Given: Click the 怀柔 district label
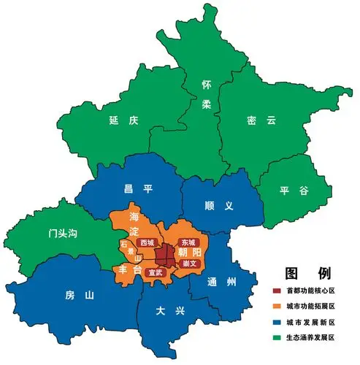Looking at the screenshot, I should (207, 94).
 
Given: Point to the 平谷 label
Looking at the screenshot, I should (294, 191).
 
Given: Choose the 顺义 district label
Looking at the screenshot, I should (218, 206).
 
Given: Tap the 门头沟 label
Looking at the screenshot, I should (62, 234).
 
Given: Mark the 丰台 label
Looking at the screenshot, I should (127, 270).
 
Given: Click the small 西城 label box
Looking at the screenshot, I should (147, 242).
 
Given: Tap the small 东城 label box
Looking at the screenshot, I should (188, 241).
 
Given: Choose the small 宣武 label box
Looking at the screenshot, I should (156, 272).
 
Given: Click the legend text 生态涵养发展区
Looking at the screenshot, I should (310, 337).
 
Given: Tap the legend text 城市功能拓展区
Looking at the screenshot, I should (310, 307).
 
